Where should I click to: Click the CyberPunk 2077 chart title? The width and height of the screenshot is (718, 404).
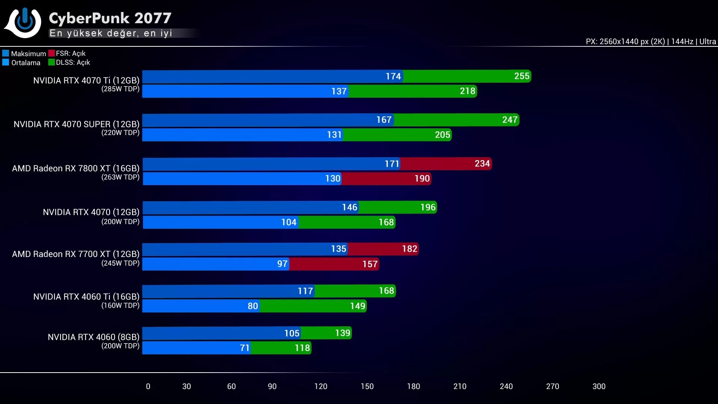[110, 18]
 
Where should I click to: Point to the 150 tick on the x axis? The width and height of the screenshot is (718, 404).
[367, 386]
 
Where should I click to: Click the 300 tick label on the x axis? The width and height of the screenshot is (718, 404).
[599, 386]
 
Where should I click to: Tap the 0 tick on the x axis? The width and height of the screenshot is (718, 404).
[148, 386]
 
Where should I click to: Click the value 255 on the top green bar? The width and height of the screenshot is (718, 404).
[522, 76]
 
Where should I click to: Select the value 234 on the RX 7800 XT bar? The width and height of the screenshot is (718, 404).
[482, 163]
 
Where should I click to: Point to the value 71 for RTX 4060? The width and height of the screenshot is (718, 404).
[245, 348]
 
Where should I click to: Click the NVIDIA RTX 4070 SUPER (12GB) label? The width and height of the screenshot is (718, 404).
[76, 124]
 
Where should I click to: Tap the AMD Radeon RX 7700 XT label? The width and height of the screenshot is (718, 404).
[76, 254]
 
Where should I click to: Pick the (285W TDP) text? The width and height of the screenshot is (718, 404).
[120, 89]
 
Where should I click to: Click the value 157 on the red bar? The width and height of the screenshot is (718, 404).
[370, 264]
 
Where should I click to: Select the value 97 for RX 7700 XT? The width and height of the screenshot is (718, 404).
[282, 264]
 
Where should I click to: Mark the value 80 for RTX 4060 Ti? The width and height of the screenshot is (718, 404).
[253, 306]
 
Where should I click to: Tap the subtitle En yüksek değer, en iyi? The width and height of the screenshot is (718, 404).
[111, 33]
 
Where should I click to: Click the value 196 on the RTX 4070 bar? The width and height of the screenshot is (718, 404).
[428, 207]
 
